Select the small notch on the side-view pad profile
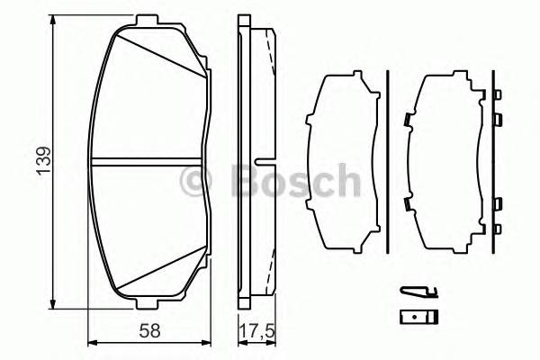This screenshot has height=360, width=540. pos(262,163)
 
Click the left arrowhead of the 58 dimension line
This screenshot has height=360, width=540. pos(92,342)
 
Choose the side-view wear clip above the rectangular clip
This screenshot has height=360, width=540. pos(418,291)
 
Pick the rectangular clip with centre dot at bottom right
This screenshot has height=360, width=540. pos(418,316)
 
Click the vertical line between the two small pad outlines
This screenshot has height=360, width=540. pos(386,162)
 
